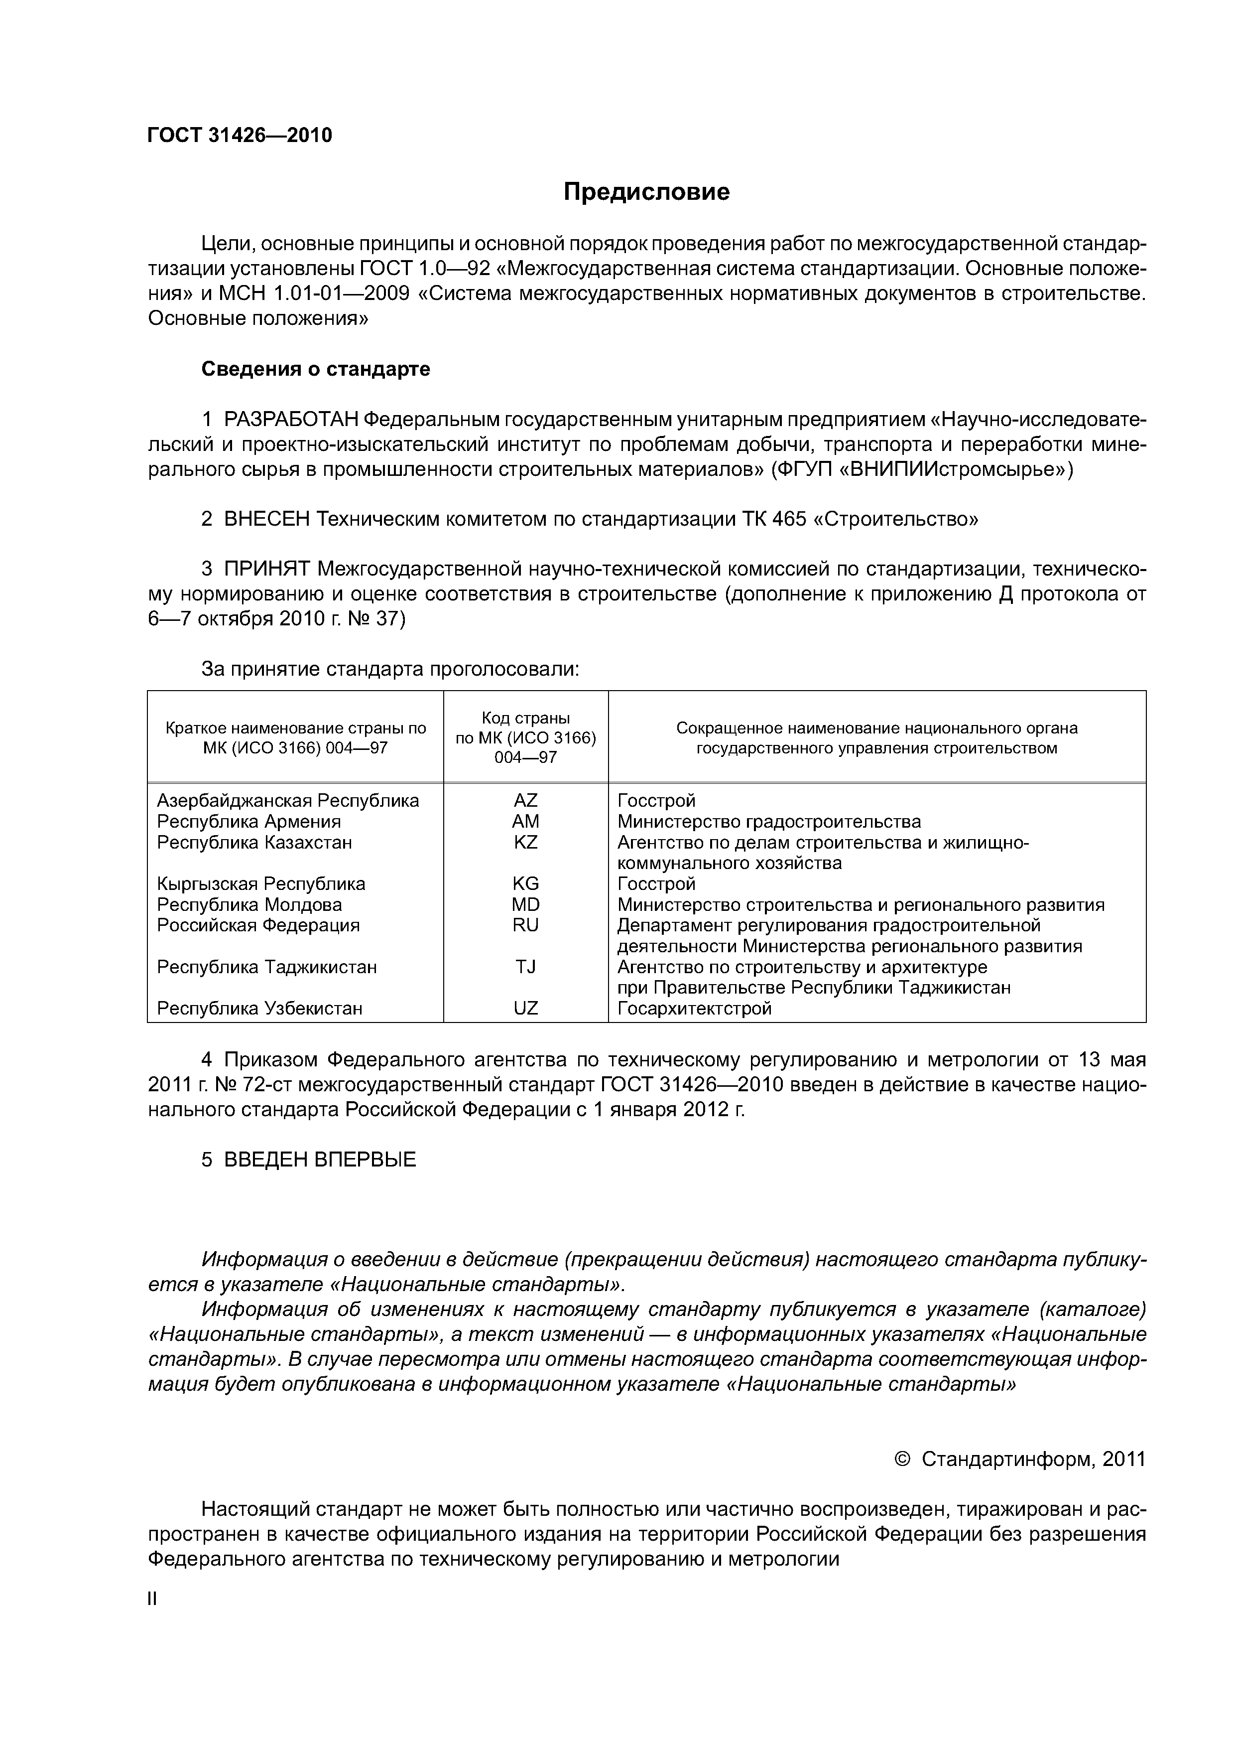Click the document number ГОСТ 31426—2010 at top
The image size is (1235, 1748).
(x=240, y=136)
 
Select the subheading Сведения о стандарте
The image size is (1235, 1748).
(x=315, y=369)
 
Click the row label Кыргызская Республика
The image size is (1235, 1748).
(x=260, y=884)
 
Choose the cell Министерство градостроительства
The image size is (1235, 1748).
(x=768, y=822)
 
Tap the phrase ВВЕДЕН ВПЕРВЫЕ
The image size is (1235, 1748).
(x=320, y=1160)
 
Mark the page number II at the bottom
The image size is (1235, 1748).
(x=152, y=1600)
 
